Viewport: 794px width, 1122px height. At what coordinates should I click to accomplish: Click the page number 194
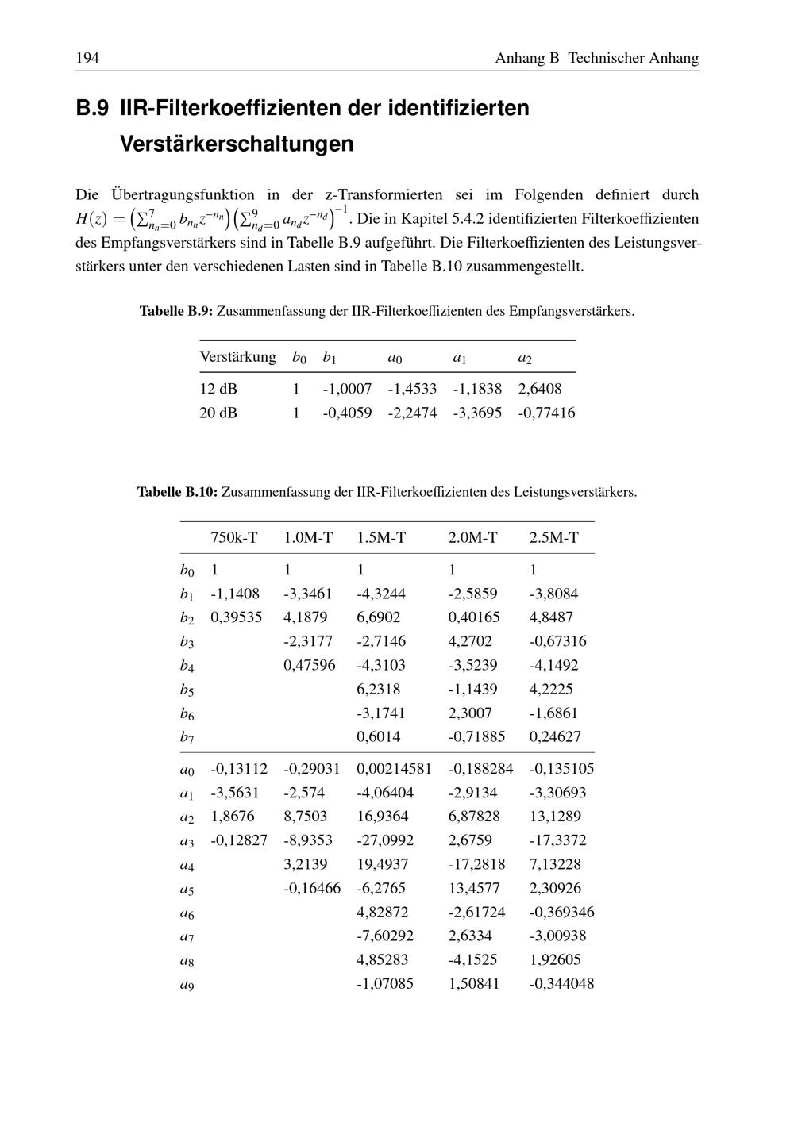pos(87,58)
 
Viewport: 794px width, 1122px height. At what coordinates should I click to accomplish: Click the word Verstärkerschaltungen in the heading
pos(237,144)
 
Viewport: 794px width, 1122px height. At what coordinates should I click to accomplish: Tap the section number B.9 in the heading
pos(92,108)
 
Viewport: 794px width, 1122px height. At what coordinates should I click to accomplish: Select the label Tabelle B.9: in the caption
pos(176,311)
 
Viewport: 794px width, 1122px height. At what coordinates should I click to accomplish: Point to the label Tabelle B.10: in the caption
pos(177,492)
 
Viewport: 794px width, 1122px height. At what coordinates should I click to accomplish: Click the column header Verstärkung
pos(237,357)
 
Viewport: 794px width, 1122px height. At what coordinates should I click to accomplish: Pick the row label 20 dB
pos(218,413)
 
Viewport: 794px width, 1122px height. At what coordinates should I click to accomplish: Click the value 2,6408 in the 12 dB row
pos(540,389)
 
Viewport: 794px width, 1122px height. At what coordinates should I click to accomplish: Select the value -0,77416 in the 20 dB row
pos(546,413)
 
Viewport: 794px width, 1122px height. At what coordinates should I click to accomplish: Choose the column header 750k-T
pos(234,538)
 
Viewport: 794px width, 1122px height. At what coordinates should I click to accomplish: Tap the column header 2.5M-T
pos(554,538)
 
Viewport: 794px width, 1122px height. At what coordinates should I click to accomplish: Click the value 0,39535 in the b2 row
pos(236,617)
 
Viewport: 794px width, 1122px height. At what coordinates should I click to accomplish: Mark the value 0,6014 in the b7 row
pos(379,736)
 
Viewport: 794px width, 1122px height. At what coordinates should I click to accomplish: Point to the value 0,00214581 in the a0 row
pos(395,768)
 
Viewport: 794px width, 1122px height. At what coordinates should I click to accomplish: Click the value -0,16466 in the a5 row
pos(312,888)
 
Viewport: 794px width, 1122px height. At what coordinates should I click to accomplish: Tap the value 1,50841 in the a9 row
pos(474,984)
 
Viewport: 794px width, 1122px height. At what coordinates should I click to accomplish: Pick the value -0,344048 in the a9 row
pos(561,984)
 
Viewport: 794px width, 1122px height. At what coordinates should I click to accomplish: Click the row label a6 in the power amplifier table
pos(187,913)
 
